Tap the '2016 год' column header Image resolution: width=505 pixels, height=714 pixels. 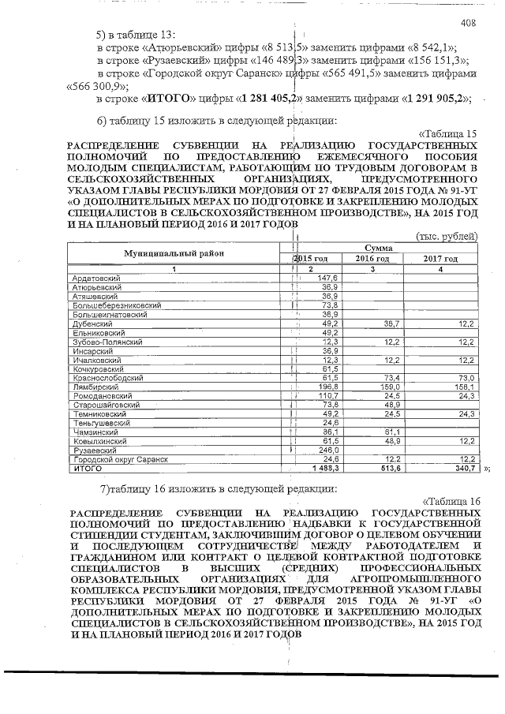coord(372,259)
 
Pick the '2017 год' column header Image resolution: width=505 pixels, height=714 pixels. coord(440,259)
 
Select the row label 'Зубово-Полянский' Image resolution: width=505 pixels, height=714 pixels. coord(107,342)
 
